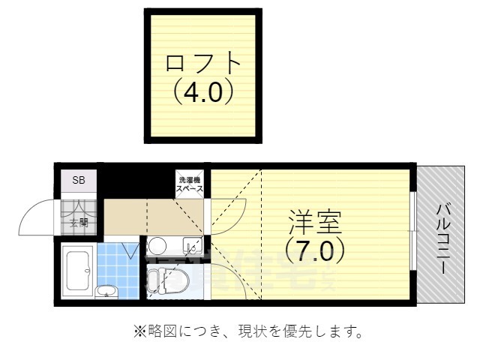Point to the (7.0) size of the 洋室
click(x=315, y=250)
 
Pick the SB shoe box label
click(x=79, y=181)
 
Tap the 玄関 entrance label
click(x=79, y=223)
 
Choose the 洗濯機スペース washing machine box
click(x=190, y=184)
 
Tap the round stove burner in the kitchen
click(x=157, y=245)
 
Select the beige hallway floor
click(x=154, y=217)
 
